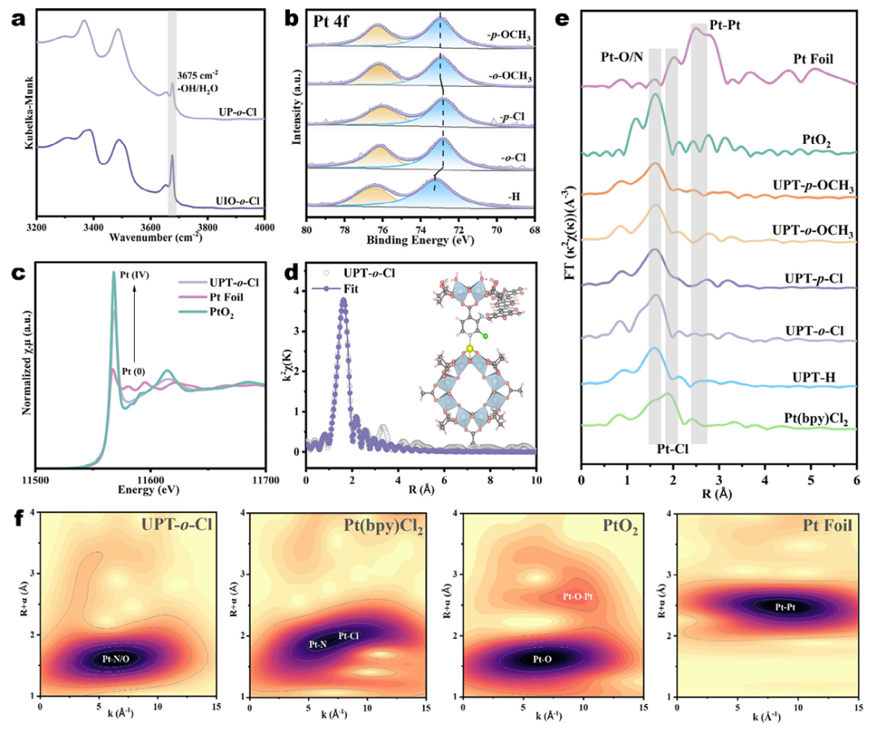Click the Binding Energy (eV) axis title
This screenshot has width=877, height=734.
click(x=421, y=241)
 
